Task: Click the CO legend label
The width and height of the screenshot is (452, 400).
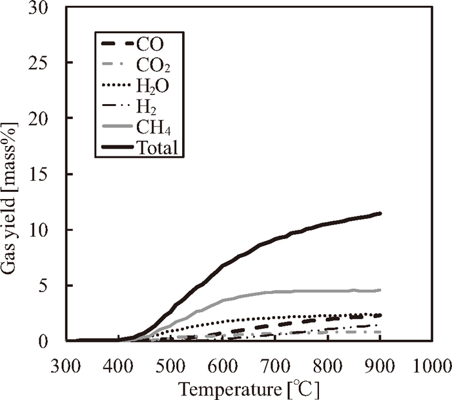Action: [150, 45]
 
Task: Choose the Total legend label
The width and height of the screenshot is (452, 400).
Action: [157, 148]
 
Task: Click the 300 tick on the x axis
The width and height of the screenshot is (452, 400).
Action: [67, 365]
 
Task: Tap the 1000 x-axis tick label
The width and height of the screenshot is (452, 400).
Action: [431, 365]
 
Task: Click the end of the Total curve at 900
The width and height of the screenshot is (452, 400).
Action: [380, 213]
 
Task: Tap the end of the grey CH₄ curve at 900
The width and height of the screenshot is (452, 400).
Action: [380, 290]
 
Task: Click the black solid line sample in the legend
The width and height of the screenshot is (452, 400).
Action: [118, 148]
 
